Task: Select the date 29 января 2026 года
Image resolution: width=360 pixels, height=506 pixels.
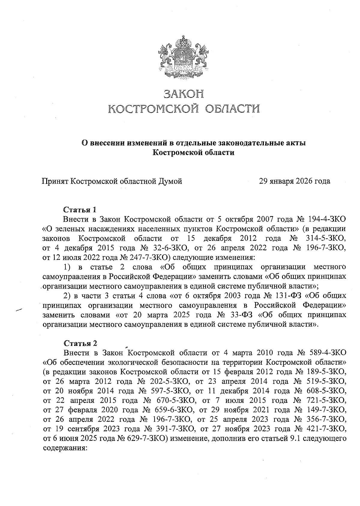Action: pyautogui.click(x=295, y=181)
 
